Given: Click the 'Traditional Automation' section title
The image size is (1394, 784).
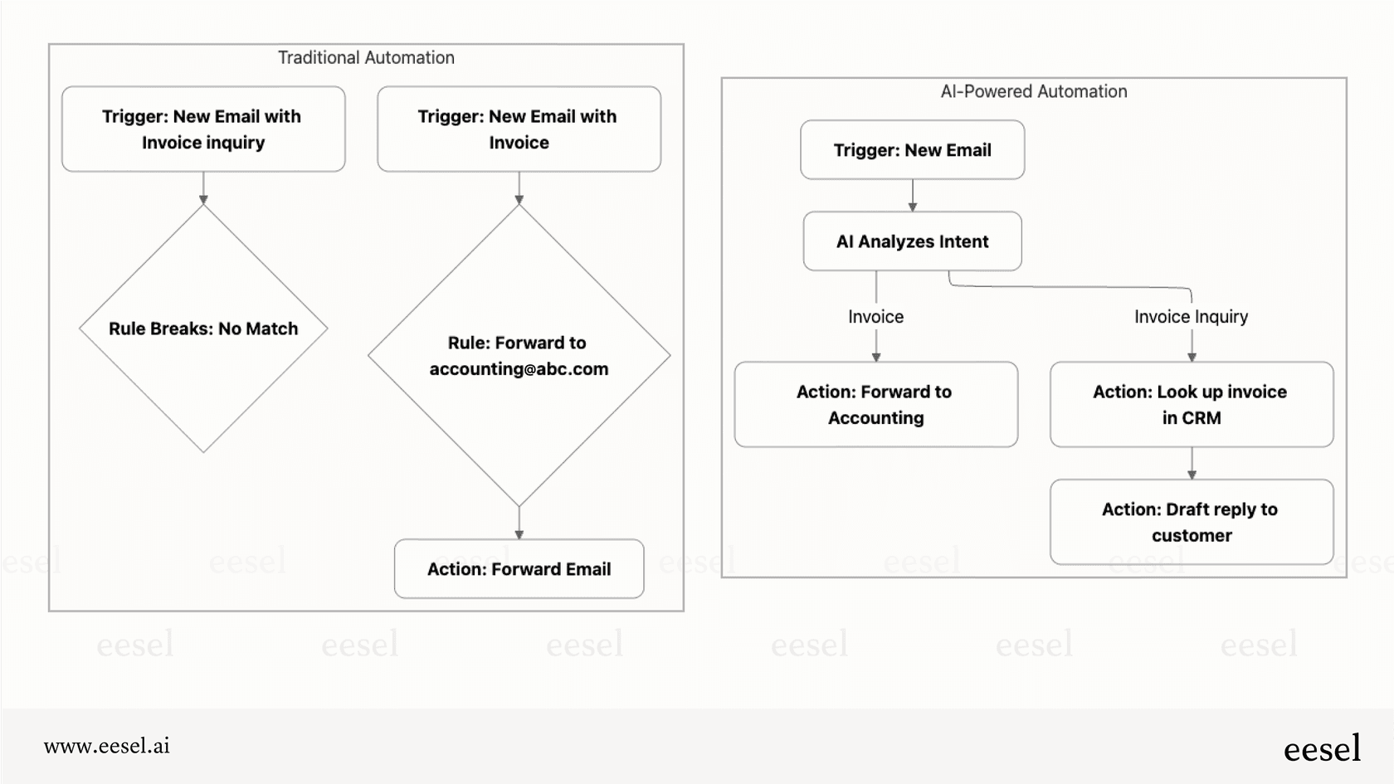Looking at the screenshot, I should (x=366, y=58).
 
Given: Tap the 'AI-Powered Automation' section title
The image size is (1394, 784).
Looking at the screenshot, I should (x=1033, y=92).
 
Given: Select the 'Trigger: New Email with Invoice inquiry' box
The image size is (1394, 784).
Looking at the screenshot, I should (x=203, y=129).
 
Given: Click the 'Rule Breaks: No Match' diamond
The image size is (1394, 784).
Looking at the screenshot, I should (x=203, y=329).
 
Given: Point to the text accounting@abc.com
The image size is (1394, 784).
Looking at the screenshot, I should (x=519, y=369).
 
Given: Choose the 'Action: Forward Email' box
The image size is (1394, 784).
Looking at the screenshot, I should (x=519, y=569).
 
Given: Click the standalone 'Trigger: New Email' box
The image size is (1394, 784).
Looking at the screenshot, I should (x=912, y=150).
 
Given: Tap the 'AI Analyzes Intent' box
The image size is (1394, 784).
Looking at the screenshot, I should (x=912, y=241).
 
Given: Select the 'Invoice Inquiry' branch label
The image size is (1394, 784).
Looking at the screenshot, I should (x=1191, y=317).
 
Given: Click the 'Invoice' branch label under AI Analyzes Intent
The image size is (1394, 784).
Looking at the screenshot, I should (x=875, y=317).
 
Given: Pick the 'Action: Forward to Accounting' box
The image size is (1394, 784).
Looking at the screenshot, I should (x=875, y=405).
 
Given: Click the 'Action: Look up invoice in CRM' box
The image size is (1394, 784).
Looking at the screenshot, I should (x=1191, y=405).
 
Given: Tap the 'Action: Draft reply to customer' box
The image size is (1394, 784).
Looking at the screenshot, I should (x=1191, y=523).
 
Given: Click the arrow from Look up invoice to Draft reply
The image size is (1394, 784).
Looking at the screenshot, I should (x=1192, y=464).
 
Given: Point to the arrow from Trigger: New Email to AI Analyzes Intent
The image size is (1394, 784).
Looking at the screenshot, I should (x=912, y=196).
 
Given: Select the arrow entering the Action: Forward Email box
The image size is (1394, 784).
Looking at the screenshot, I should (x=519, y=523).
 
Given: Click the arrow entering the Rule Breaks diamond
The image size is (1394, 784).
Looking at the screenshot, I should (x=203, y=188).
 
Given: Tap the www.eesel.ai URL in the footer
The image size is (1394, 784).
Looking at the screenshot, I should (x=106, y=746).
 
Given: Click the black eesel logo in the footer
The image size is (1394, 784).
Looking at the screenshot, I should (x=1322, y=749).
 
